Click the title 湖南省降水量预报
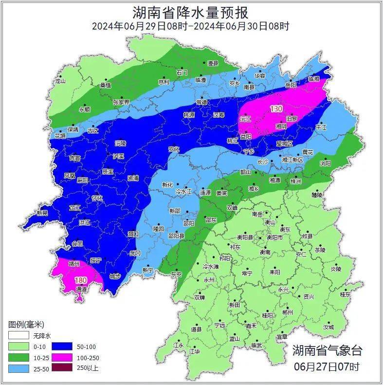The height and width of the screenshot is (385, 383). pos(191,11)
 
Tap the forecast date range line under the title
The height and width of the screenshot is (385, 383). pos(191,26)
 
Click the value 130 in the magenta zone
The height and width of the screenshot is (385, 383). pos(277,109)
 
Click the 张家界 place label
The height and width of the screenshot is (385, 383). pos(121,102)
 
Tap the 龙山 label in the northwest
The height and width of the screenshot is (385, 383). pos(60,81)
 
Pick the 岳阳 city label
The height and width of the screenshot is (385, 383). pos(291,85)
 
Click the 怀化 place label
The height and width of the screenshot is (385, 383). pos(97,198)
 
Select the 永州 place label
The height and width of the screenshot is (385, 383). pos(209,280)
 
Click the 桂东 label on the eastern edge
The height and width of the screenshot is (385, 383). pos(345,294)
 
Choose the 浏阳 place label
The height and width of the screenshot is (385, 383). pos(325,163)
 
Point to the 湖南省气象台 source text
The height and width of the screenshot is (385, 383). pos(327,350)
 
